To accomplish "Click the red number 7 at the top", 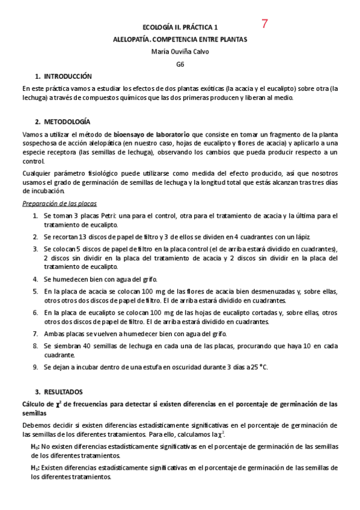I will [x=265, y=24].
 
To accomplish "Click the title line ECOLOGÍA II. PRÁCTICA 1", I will [x=180, y=28].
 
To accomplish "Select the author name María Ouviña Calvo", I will [x=180, y=51].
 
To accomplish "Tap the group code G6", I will [x=180, y=64].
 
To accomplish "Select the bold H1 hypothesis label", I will [x=35, y=467].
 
